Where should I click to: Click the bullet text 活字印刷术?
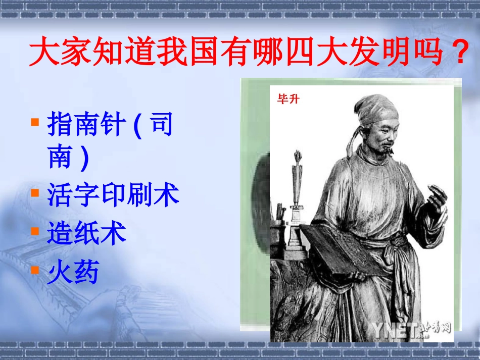113,194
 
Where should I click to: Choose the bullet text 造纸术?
86,234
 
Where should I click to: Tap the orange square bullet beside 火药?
35,269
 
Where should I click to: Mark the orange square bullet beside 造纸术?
35,231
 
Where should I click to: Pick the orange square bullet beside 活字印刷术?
35,192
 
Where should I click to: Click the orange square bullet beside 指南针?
35,122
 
